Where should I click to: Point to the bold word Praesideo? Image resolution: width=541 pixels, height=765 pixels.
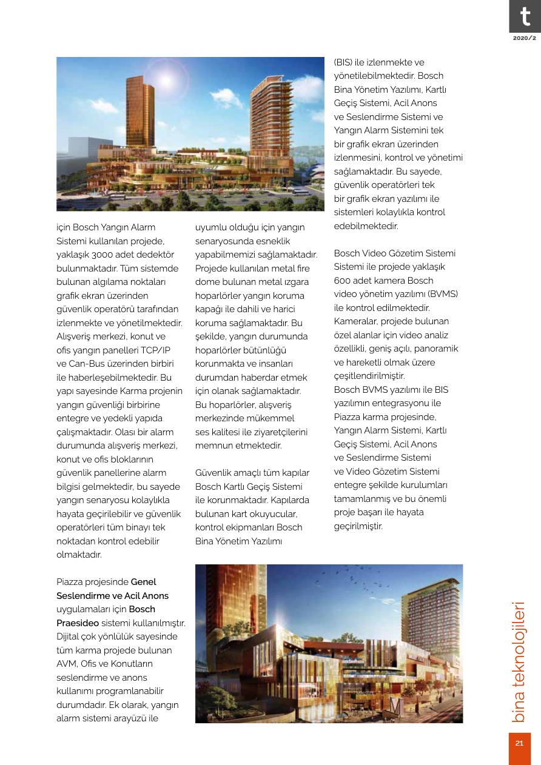click(78, 623)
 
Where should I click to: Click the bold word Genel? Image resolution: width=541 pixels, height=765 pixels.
click(143, 582)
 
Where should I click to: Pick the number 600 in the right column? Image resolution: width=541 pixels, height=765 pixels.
click(343, 281)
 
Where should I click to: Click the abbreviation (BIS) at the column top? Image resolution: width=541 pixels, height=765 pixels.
click(343, 62)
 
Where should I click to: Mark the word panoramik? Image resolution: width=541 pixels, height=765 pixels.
click(439, 349)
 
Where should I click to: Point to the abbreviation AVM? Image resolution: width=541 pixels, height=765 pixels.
click(66, 664)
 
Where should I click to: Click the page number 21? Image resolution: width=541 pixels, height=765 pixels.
click(520, 744)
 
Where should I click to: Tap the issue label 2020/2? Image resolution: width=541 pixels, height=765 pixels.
click(524, 38)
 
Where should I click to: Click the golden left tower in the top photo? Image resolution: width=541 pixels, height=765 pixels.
click(140, 115)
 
